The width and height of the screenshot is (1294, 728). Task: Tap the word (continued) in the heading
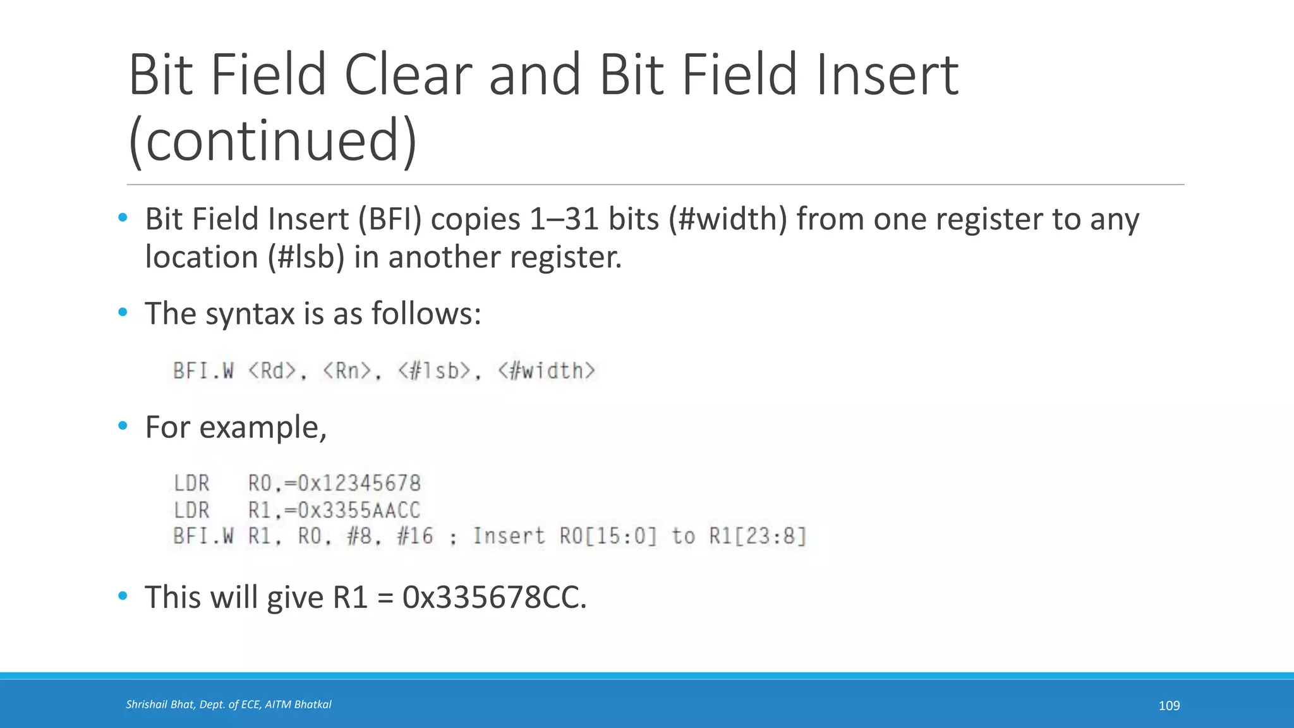click(x=272, y=140)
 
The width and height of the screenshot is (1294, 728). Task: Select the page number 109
click(x=1169, y=705)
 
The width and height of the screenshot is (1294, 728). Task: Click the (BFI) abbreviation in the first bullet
click(x=390, y=219)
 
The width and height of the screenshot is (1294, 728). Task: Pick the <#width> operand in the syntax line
click(x=547, y=371)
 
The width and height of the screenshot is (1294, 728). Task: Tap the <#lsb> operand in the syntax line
click(x=435, y=371)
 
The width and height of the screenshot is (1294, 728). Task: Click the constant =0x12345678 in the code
click(x=353, y=484)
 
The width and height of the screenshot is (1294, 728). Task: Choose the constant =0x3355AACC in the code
click(x=353, y=511)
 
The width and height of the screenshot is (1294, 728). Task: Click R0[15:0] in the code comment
click(x=608, y=537)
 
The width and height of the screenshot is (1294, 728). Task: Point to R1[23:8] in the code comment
click(x=758, y=537)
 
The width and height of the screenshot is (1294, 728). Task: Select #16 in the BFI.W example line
click(x=415, y=537)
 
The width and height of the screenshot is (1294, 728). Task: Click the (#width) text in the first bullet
click(x=728, y=219)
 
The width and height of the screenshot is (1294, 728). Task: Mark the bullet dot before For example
click(x=123, y=426)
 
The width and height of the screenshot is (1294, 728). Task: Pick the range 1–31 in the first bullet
click(x=564, y=219)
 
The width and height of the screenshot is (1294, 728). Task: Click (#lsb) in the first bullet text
click(x=306, y=257)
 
